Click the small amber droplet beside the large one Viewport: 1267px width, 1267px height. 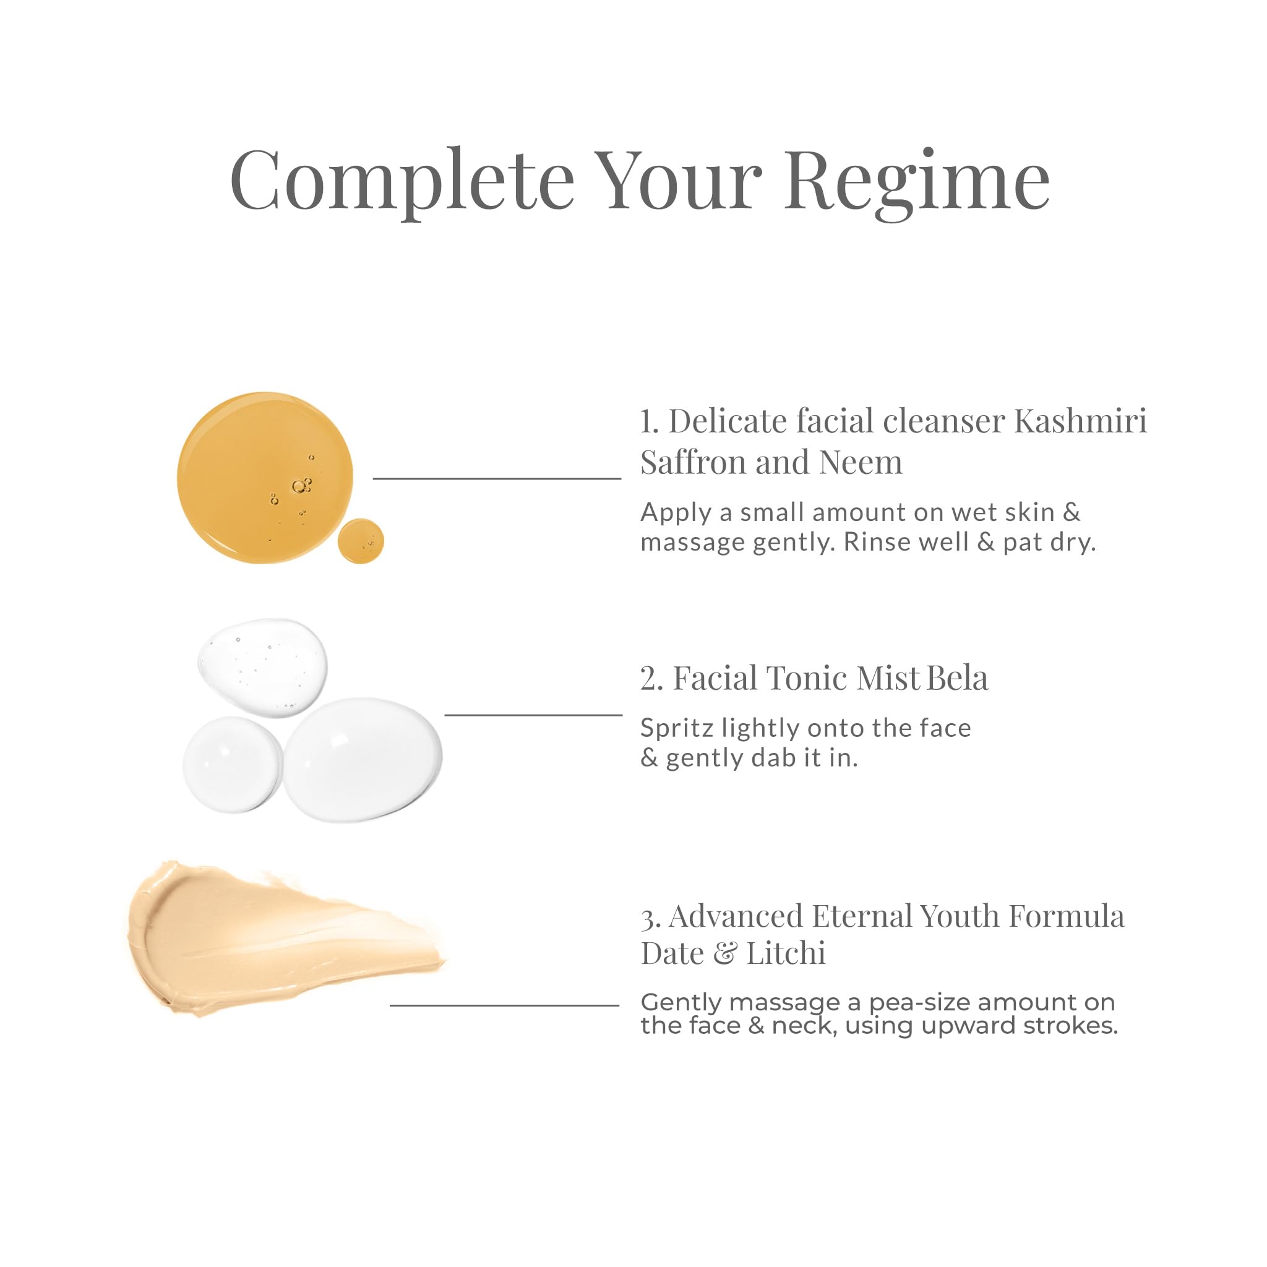click(x=361, y=540)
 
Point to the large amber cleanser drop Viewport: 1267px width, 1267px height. click(x=265, y=478)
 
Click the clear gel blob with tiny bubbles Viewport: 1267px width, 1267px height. click(x=262, y=667)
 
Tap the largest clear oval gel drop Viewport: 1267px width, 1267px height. click(x=363, y=760)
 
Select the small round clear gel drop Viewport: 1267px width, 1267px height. click(x=232, y=765)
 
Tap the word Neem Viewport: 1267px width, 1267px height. click(x=861, y=462)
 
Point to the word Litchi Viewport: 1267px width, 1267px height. click(x=786, y=953)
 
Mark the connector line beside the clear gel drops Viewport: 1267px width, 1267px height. click(x=533, y=715)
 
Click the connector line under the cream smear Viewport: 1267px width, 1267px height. click(x=504, y=1005)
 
